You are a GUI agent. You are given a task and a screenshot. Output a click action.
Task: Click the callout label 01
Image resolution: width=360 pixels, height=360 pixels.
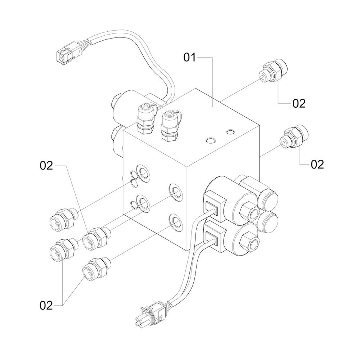tap(190, 57)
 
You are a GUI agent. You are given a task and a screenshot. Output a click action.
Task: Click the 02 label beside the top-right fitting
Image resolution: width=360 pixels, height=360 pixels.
tap(299, 104)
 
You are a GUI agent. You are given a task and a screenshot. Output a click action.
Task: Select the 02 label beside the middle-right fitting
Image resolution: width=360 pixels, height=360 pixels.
tap(317, 165)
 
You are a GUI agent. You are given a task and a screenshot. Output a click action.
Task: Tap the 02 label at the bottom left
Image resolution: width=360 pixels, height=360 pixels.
tap(46, 305)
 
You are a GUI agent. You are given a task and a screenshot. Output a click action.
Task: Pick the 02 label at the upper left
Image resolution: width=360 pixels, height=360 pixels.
tap(46, 166)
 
